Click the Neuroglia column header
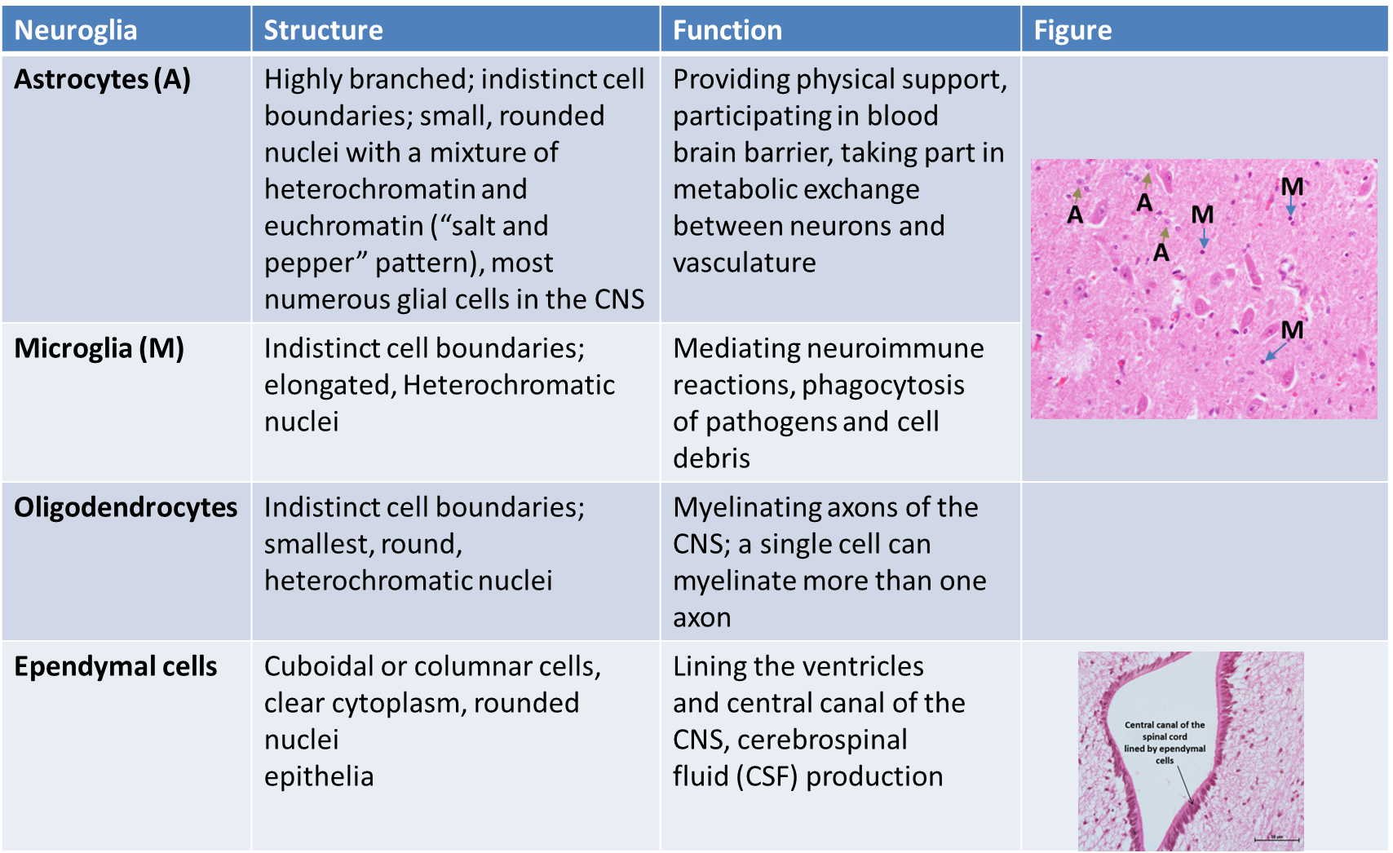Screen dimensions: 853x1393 pyautogui.click(x=76, y=30)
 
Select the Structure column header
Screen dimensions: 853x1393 pyautogui.click(x=323, y=30)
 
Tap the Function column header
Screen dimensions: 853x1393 pyautogui.click(x=727, y=30)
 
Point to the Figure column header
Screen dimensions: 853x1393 pyautogui.click(x=1072, y=30)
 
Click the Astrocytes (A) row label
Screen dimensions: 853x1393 pyautogui.click(x=102, y=79)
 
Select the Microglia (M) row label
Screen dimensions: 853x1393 pyautogui.click(x=99, y=348)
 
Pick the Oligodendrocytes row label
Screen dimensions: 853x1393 pyautogui.click(x=126, y=507)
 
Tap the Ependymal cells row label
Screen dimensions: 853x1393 pyautogui.click(x=115, y=666)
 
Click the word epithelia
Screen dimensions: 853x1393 pyautogui.click(x=319, y=776)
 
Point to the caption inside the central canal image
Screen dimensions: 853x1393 pyautogui.click(x=1164, y=742)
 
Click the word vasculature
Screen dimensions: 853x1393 pyautogui.click(x=744, y=263)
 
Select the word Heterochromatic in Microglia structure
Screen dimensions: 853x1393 pyautogui.click(x=509, y=385)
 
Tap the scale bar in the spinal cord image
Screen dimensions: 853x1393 pyautogui.click(x=1276, y=838)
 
